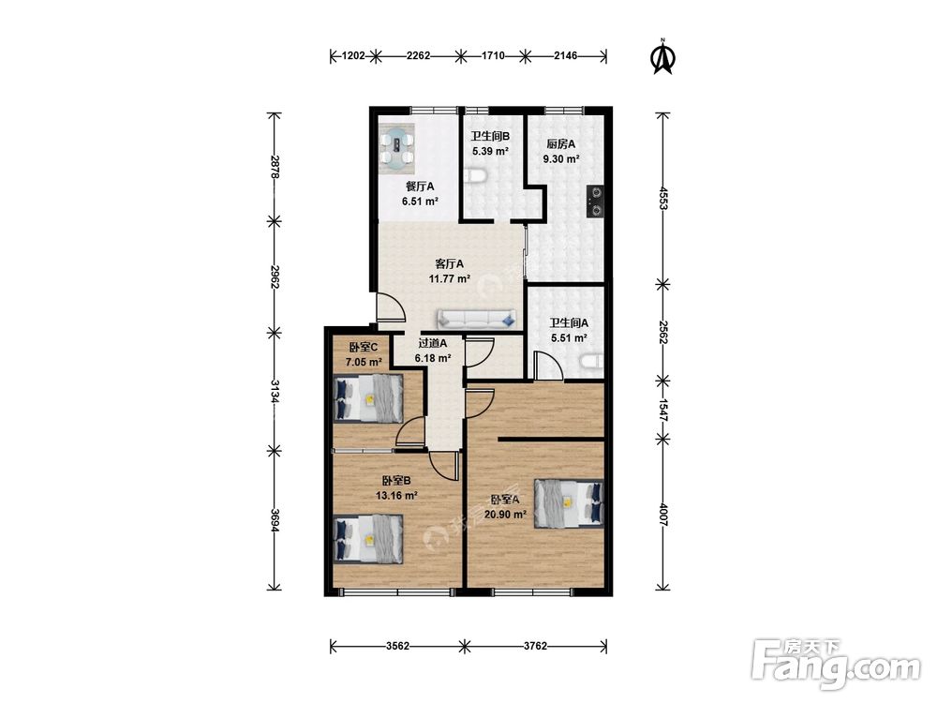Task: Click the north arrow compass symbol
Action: pos(662,57)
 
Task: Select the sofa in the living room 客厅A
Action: pos(476,320)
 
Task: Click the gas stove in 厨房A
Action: pos(595,201)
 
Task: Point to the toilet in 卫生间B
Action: pos(476,176)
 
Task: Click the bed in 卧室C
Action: pos(368,398)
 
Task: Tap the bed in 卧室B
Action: pos(368,539)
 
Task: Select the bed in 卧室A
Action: pos(569,502)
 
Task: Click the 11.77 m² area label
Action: pos(450,278)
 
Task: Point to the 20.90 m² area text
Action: pos(505,514)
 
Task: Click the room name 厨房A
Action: pos(560,144)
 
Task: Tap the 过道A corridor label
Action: pos(433,343)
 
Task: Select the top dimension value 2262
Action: pos(418,56)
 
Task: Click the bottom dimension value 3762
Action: pos(535,646)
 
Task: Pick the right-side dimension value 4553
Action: pos(662,198)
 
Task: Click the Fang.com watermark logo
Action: pos(836,663)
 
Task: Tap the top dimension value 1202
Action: pos(353,56)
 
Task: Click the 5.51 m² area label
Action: pos(569,337)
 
